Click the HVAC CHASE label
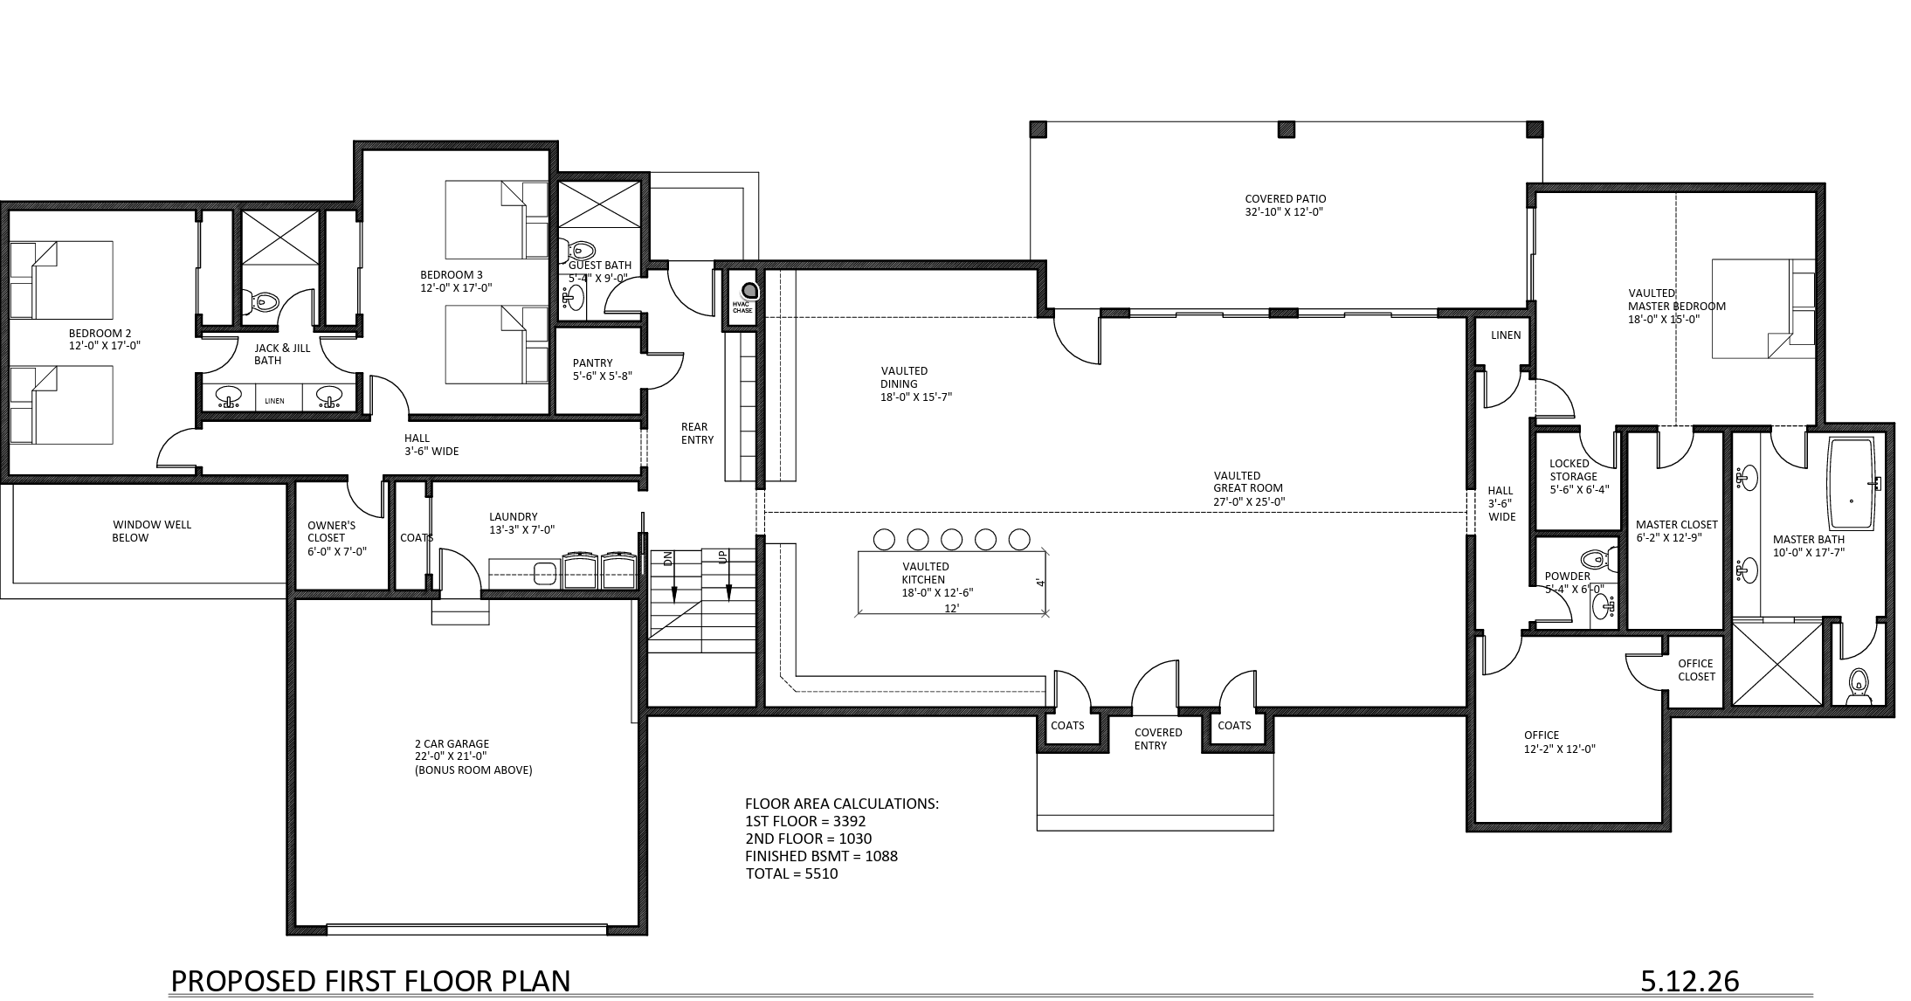(x=742, y=307)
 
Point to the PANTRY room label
(x=593, y=363)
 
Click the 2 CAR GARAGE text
(x=452, y=744)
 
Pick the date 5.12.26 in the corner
(x=1689, y=981)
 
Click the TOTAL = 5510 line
(x=791, y=873)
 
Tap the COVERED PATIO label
(x=1286, y=199)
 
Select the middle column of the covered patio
(x=1287, y=129)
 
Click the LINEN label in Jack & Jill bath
(x=275, y=401)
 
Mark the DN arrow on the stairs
(x=673, y=576)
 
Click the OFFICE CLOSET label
(x=1696, y=670)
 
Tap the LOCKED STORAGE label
(x=1573, y=470)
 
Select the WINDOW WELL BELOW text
(x=151, y=531)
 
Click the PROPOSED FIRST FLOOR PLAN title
(x=370, y=981)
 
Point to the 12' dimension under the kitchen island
(x=952, y=609)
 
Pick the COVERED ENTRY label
(x=1158, y=739)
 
